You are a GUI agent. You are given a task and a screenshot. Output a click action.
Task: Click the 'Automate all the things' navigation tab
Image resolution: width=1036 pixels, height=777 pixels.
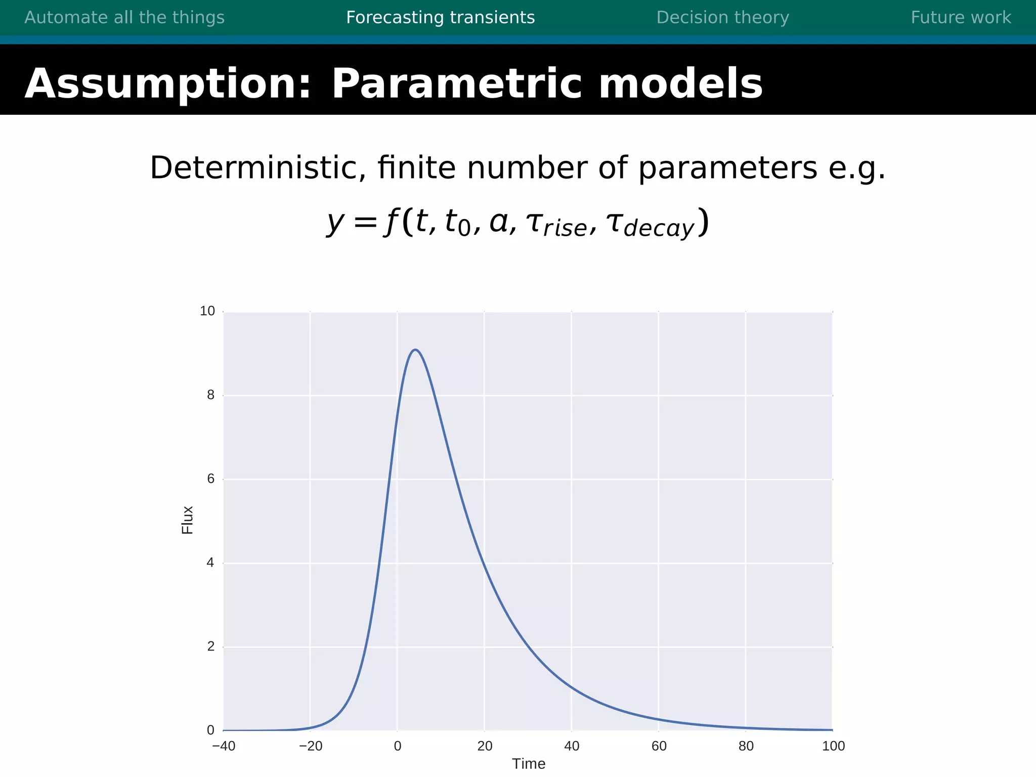click(x=124, y=18)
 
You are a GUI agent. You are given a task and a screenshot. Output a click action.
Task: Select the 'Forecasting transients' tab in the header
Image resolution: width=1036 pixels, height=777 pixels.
click(x=440, y=18)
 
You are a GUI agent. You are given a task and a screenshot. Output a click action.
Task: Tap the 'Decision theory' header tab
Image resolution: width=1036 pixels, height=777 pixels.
click(x=722, y=18)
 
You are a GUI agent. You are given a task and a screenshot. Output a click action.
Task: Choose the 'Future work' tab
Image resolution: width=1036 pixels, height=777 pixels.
click(x=961, y=18)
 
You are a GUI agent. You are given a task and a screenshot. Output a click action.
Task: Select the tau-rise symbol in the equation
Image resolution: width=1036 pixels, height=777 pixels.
click(x=556, y=224)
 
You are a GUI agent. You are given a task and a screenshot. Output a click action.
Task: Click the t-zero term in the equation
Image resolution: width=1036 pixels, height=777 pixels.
click(x=457, y=223)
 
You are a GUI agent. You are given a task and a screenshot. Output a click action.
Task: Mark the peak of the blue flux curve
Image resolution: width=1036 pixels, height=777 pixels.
click(x=415, y=350)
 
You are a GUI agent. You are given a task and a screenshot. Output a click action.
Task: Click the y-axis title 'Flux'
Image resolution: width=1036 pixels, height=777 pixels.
click(x=188, y=520)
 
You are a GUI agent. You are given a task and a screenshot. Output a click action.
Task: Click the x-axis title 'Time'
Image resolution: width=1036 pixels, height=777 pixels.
click(x=529, y=764)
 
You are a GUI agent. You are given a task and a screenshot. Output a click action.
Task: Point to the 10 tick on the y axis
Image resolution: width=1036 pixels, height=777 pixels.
click(x=207, y=311)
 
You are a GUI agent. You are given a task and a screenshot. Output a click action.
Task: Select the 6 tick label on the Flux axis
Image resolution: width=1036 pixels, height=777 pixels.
click(x=211, y=479)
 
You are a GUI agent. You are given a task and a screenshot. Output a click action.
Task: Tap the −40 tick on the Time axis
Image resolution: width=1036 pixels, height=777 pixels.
click(x=224, y=746)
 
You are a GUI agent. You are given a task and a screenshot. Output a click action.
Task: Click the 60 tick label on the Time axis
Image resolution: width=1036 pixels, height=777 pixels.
click(x=659, y=746)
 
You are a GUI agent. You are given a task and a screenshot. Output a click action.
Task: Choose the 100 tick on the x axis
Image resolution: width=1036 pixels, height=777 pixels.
click(x=833, y=746)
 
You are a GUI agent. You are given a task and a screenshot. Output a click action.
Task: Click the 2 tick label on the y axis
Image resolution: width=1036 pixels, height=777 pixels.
click(x=211, y=646)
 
